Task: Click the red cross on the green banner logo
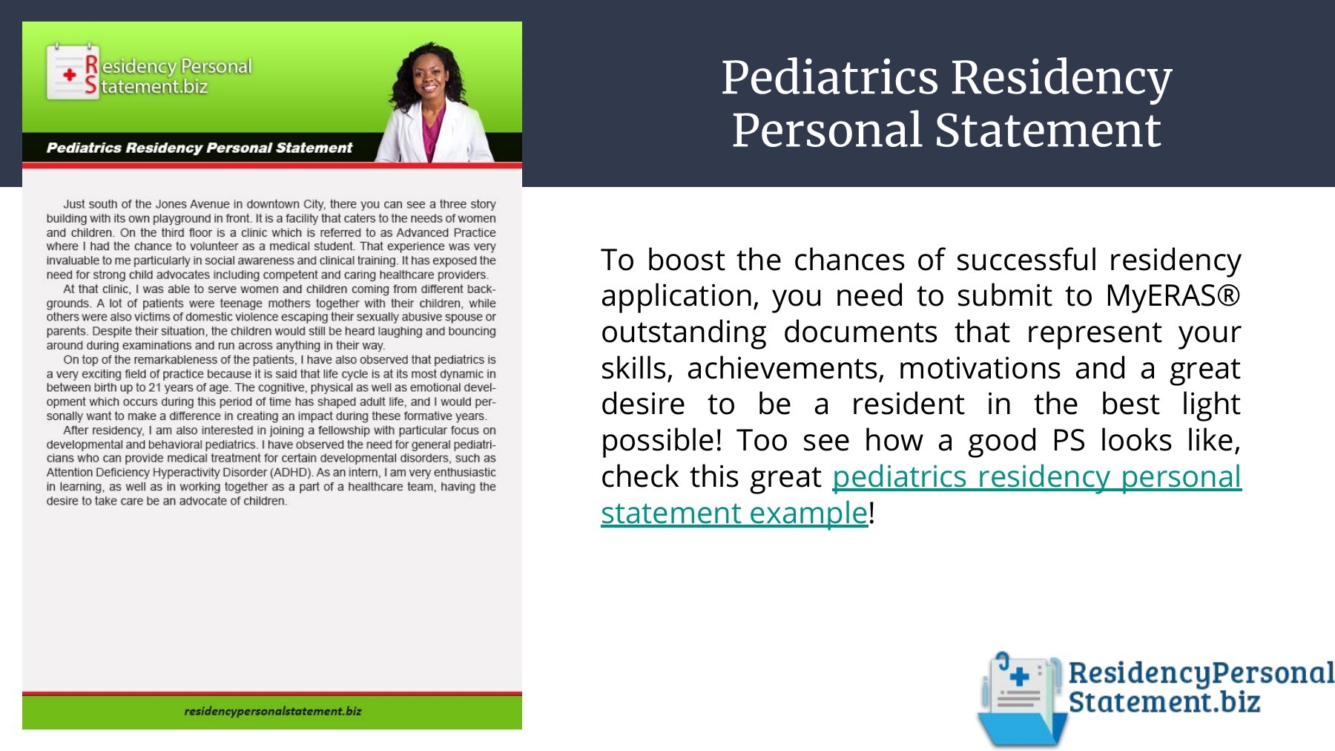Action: (70, 75)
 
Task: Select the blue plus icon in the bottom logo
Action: (1020, 676)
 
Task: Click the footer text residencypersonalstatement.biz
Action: (273, 711)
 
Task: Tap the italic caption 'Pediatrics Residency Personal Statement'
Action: (200, 148)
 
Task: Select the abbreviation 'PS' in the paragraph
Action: (1069, 440)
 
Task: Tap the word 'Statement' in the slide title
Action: (1047, 131)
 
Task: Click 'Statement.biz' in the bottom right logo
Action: (1164, 701)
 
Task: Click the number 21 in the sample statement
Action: (155, 387)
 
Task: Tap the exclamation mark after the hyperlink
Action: (872, 513)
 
